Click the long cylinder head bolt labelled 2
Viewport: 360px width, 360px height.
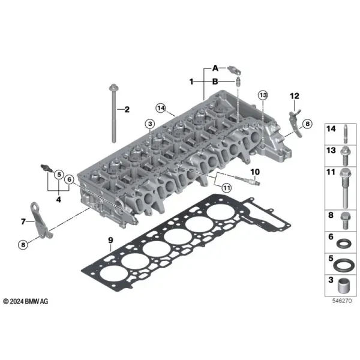pyautogui.click(x=114, y=113)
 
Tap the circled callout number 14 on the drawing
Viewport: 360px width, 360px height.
pyautogui.click(x=161, y=107)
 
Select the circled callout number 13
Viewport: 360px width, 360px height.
pyautogui.click(x=263, y=95)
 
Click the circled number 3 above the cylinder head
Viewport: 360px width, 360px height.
pyautogui.click(x=150, y=124)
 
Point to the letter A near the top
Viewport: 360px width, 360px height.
pyautogui.click(x=215, y=68)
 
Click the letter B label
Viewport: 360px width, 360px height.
pyautogui.click(x=215, y=82)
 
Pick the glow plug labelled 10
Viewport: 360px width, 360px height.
pyautogui.click(x=247, y=181)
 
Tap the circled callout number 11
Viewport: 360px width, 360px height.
pyautogui.click(x=227, y=188)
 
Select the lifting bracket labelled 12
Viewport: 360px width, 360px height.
pyautogui.click(x=295, y=124)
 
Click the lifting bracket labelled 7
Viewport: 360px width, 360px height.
pyautogui.click(x=39, y=219)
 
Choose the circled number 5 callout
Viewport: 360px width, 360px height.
pyautogui.click(x=59, y=175)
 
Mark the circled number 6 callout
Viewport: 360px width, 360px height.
pyautogui.click(x=70, y=179)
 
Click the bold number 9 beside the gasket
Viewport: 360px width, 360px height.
pyautogui.click(x=110, y=240)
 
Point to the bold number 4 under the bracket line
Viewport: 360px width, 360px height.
pyautogui.click(x=59, y=199)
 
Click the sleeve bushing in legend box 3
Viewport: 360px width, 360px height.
pyautogui.click(x=344, y=286)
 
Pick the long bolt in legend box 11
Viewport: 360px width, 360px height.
pyautogui.click(x=345, y=188)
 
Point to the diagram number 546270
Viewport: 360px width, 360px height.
pyautogui.click(x=342, y=301)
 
